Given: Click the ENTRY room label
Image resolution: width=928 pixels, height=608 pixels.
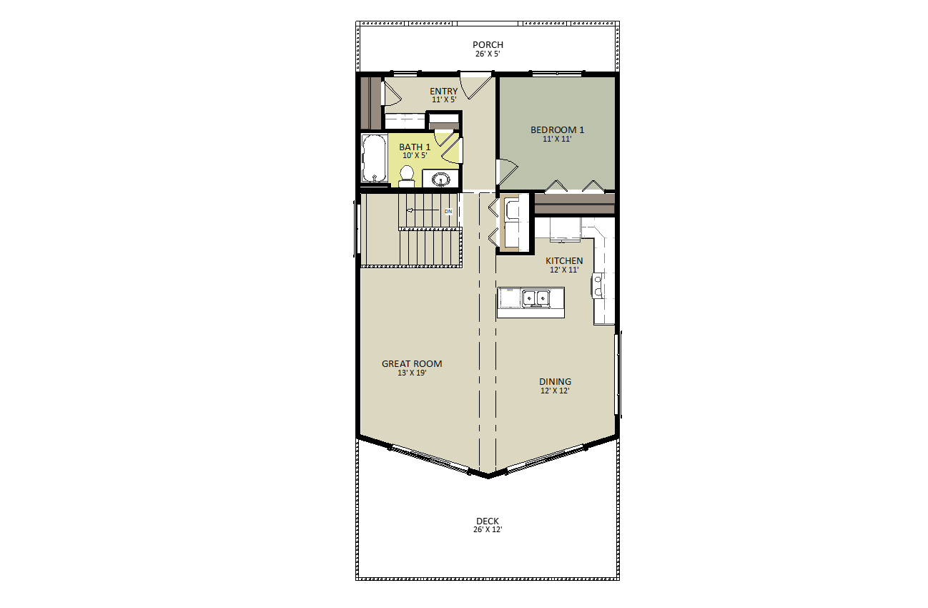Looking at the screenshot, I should [443, 91].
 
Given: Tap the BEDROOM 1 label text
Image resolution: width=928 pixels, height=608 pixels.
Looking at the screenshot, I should [557, 129].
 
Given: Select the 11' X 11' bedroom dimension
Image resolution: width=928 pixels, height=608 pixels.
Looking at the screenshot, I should [557, 139].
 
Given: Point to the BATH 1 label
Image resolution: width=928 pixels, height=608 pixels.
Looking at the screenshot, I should [415, 147].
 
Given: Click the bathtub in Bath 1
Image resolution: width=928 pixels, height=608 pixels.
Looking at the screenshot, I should [374, 159].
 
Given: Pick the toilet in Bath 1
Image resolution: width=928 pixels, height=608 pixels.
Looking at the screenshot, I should [407, 175].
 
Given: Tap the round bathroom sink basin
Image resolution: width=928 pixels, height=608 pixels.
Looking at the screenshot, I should [441, 178].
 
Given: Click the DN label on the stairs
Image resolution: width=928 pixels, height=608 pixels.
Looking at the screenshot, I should [448, 212].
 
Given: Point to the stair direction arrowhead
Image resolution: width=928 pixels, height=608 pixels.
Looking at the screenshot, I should [410, 210].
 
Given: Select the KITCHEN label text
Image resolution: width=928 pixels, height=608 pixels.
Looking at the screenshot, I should [564, 260].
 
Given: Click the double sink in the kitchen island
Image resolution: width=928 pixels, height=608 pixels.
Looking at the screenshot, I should [535, 297].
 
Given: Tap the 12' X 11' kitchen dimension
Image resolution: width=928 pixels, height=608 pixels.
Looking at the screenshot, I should [564, 270].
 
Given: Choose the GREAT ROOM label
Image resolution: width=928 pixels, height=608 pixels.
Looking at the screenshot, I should [412, 363].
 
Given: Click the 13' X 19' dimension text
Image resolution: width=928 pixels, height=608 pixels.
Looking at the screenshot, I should [412, 373].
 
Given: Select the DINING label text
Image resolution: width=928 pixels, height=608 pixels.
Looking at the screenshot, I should [555, 381].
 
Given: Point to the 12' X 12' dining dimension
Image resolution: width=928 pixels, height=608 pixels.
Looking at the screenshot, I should [555, 391].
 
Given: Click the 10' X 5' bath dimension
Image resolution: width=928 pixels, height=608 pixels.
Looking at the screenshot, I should [415, 155].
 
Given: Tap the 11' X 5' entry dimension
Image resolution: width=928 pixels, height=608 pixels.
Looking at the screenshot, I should [443, 99].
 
